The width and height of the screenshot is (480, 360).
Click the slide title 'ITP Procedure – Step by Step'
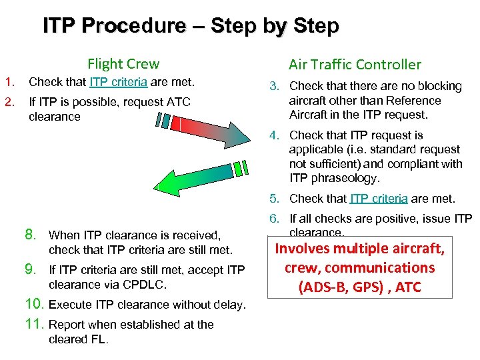[x=191, y=26]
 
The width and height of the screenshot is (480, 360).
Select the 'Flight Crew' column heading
[x=123, y=64]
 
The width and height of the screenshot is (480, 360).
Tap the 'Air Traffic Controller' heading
[x=355, y=65]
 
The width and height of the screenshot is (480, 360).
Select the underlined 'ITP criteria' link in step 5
[x=378, y=199]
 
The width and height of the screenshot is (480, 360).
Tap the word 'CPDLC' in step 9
[x=151, y=285]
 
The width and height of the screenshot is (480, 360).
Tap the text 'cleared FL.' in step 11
[x=79, y=339]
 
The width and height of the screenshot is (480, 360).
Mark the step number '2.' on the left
[x=10, y=102]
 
